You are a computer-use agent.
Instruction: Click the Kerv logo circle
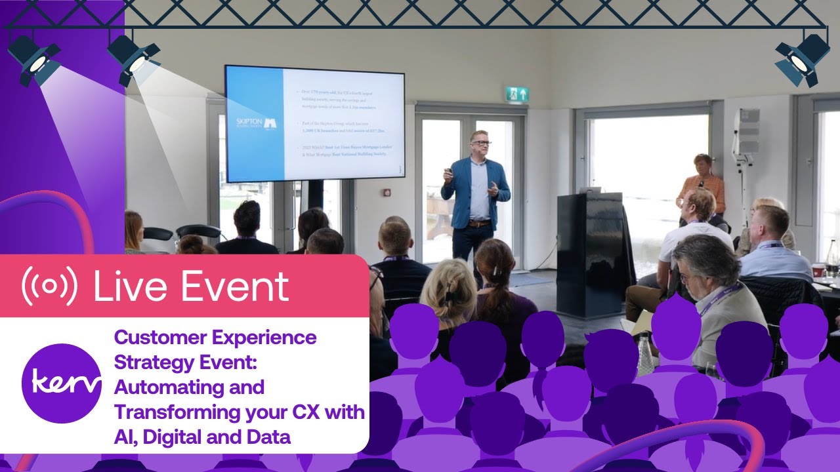point(61,383)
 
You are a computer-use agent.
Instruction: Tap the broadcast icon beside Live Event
point(49,286)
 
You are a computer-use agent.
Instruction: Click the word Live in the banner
point(131,286)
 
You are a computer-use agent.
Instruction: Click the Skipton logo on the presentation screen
point(255,124)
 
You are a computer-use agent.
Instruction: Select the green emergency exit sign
point(516,94)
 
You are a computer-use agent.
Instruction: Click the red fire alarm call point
point(387,192)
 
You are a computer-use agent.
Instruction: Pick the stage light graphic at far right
point(801,60)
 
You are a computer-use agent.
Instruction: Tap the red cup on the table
point(818,270)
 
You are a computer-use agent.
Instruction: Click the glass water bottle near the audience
point(645,354)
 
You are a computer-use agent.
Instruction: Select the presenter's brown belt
point(479,224)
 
